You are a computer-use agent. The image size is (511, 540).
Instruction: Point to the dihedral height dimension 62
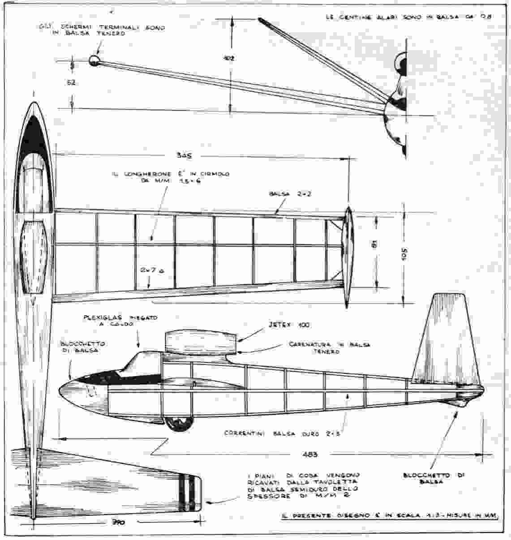72,83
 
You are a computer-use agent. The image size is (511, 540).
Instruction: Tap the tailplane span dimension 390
118,523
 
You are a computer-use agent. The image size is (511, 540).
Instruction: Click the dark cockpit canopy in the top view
31,134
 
